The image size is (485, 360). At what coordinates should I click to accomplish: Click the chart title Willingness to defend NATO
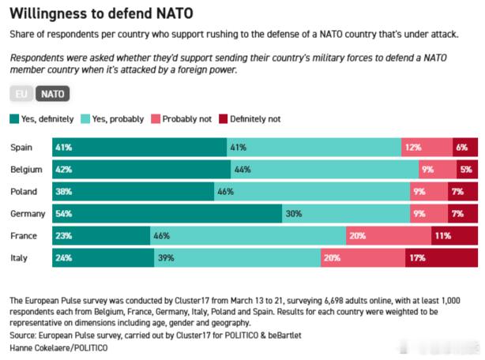click(x=101, y=13)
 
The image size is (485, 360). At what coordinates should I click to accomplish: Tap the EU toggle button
click(x=20, y=94)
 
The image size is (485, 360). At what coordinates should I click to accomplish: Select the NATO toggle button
click(x=53, y=94)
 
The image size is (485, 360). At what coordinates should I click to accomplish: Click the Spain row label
click(x=21, y=148)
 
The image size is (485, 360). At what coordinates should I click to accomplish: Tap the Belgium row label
click(x=26, y=170)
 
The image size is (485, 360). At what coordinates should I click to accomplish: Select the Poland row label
click(x=24, y=192)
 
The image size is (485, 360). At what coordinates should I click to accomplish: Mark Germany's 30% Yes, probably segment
click(x=344, y=214)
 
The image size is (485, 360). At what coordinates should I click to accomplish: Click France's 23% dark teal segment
click(x=101, y=236)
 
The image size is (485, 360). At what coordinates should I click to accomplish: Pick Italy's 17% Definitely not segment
click(x=442, y=258)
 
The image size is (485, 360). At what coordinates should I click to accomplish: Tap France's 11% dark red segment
click(x=454, y=236)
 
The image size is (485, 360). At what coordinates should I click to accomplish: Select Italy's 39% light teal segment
click(x=238, y=258)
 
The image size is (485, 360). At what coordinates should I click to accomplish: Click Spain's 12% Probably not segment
click(x=427, y=148)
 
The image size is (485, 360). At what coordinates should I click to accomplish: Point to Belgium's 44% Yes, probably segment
click(x=325, y=170)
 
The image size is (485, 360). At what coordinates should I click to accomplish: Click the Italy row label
click(x=20, y=258)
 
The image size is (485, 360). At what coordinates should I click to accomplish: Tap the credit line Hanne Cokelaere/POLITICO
click(x=58, y=347)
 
